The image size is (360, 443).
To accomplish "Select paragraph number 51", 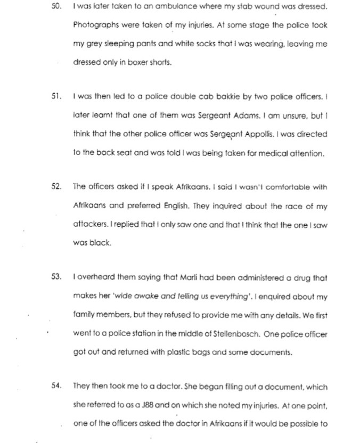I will click(x=55, y=97).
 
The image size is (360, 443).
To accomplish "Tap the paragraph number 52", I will click(x=55, y=186).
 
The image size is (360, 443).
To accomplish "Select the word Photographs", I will click(x=94, y=26).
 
